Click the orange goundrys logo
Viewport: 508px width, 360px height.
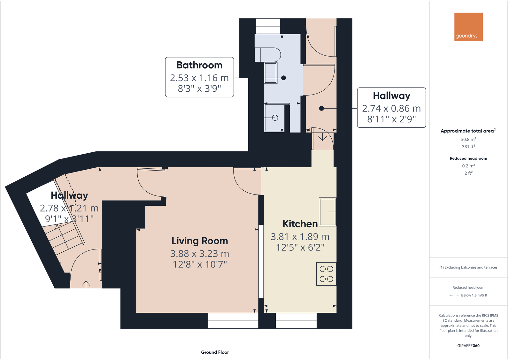(x=468, y=27)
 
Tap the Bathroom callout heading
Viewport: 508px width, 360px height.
(x=199, y=65)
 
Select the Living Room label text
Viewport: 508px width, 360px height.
(x=200, y=241)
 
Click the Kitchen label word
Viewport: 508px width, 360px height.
(x=300, y=224)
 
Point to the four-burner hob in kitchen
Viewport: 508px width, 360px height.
(x=326, y=274)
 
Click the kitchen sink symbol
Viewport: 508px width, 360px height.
(x=327, y=212)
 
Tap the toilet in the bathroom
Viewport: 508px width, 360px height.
(x=268, y=55)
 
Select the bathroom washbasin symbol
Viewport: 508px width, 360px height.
(x=271, y=73)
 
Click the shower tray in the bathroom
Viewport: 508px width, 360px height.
(x=274, y=118)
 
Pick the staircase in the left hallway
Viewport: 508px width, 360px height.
(x=64, y=238)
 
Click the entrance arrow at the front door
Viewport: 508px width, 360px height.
(x=86, y=284)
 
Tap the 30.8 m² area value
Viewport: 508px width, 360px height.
(x=468, y=139)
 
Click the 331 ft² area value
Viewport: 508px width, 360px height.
(x=468, y=147)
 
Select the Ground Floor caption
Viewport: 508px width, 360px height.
(x=215, y=352)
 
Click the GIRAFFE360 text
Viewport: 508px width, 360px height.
(x=468, y=346)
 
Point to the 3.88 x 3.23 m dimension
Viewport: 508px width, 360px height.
(x=200, y=254)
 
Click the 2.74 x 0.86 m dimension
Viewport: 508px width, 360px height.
(x=391, y=109)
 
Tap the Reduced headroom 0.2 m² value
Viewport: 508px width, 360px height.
(x=468, y=166)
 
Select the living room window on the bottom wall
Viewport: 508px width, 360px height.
(x=233, y=321)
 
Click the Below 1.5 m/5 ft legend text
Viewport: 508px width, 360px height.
(x=474, y=295)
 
